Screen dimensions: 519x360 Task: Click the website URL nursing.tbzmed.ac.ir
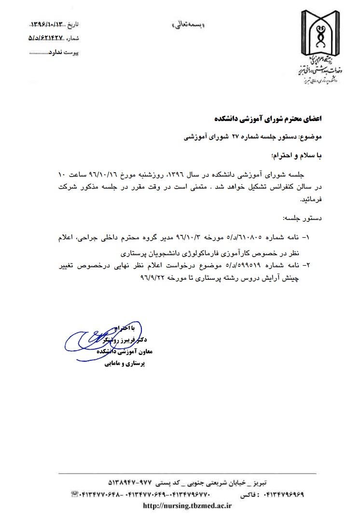pos(188,506)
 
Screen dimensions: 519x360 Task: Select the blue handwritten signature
pos(97,340)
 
